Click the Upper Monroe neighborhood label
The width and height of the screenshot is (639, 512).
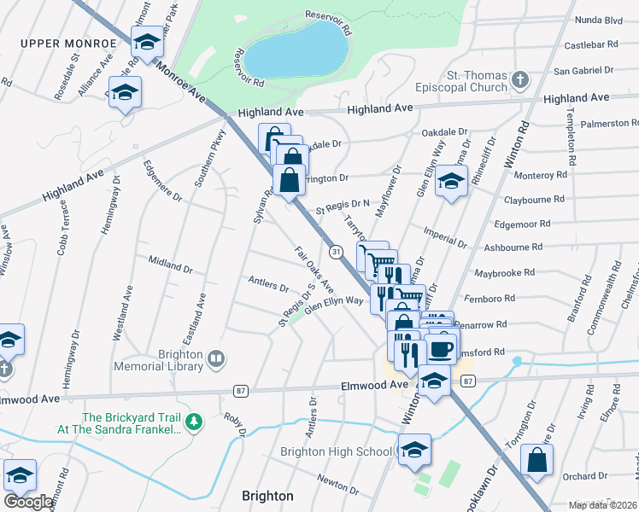(67, 44)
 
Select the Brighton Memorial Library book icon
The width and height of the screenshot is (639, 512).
(217, 359)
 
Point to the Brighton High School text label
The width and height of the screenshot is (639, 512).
(336, 451)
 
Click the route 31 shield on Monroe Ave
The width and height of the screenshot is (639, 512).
(337, 252)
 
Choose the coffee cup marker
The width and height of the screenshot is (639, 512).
(441, 349)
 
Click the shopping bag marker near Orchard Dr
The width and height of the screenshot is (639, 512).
(537, 460)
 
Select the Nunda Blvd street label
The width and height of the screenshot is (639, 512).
(600, 18)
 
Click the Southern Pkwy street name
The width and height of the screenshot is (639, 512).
(209, 158)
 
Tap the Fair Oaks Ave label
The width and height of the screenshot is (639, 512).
(314, 266)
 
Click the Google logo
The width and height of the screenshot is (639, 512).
(28, 502)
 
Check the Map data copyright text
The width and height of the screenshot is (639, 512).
(601, 505)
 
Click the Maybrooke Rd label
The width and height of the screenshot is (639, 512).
(504, 273)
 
